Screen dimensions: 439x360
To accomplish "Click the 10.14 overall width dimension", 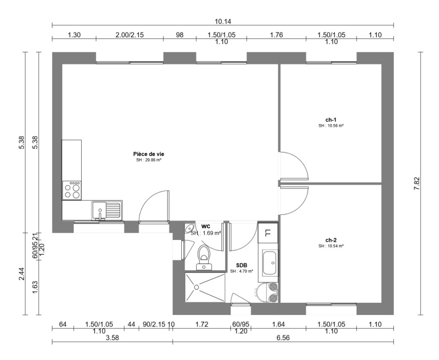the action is coord(223,21).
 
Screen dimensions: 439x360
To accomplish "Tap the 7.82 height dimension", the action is coord(417,183).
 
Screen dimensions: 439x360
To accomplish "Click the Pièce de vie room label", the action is coord(149,154).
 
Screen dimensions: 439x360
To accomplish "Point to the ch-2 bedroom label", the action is coord(330,240).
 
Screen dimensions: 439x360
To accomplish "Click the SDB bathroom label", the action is coord(241,265).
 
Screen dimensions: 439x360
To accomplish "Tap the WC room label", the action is coord(206,226).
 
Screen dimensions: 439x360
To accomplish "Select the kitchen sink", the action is coord(107,210).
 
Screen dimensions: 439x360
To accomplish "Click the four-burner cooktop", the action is coord(72,190).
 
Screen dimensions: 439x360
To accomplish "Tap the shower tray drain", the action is coord(197,287).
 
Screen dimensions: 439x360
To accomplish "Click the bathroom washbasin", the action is coord(270,263).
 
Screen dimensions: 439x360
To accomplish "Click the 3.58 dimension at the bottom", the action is coord(112,338).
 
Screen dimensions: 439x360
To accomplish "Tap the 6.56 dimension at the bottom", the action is coord(283,338).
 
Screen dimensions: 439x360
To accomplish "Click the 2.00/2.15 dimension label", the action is coord(130,35).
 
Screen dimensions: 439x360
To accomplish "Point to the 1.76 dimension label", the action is coord(276,35).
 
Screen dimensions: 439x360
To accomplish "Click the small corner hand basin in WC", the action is coord(189,227).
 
